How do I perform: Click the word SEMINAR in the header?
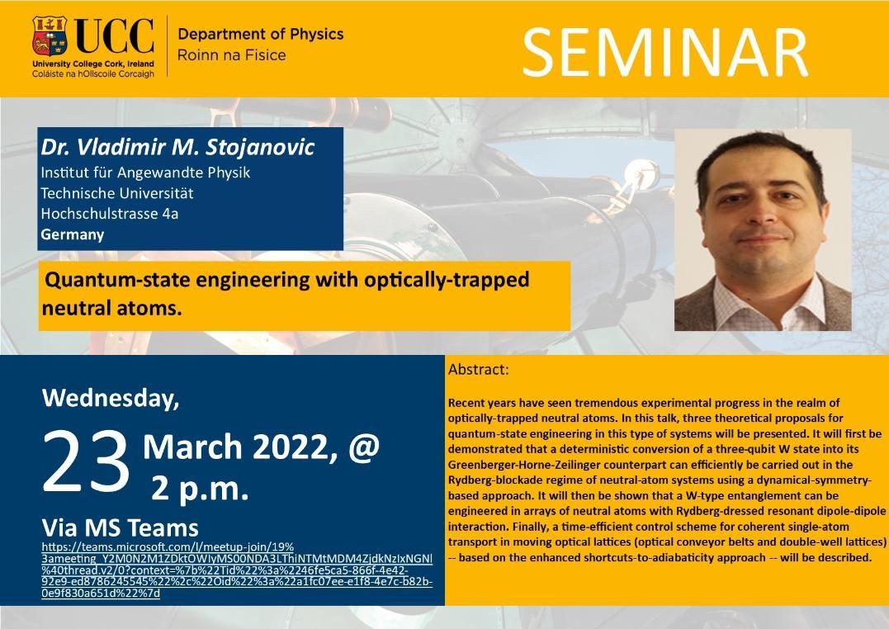click(664, 52)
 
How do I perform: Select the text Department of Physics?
click(260, 34)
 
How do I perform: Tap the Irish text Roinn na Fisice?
click(231, 55)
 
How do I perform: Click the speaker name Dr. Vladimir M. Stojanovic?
click(177, 147)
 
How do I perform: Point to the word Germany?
click(72, 234)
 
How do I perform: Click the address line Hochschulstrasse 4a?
click(110, 214)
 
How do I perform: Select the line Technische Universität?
click(116, 193)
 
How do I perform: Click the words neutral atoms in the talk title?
click(111, 308)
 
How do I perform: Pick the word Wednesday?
click(111, 398)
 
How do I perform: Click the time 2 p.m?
click(200, 488)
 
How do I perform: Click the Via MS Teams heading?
click(121, 528)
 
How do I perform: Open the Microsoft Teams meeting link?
click(237, 570)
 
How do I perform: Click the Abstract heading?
click(479, 370)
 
